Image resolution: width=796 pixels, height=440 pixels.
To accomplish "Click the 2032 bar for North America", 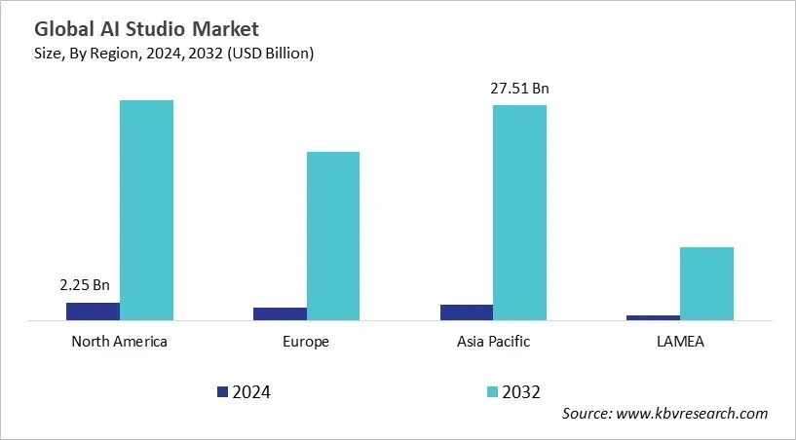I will coord(146,209).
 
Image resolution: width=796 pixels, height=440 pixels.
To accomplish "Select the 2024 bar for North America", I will coord(93,311).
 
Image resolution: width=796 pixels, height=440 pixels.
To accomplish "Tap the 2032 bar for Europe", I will coord(333,235).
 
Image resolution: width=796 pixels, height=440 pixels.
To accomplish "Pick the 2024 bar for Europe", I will coord(280,313).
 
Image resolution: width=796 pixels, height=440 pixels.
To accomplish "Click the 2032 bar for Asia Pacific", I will coord(519,211).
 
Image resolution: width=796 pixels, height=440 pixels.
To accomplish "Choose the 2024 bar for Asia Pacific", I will coord(466,312).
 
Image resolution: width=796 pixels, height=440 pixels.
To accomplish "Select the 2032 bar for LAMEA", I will coord(706,282).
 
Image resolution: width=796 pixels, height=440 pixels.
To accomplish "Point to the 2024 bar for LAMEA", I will coord(653,316).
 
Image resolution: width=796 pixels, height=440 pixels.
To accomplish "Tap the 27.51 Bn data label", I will coord(520,89).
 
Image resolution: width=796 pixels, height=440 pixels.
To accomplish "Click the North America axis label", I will coord(119,342).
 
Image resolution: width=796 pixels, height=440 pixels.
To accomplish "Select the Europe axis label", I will coord(306,342).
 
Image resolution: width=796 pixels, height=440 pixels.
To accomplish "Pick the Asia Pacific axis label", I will coord(493,342).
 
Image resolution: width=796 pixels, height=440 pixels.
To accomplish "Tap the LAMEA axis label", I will coord(680,342).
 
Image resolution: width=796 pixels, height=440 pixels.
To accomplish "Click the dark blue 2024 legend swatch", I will coord(222,391).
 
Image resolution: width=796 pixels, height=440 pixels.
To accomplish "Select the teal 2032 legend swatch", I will coord(494,391).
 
